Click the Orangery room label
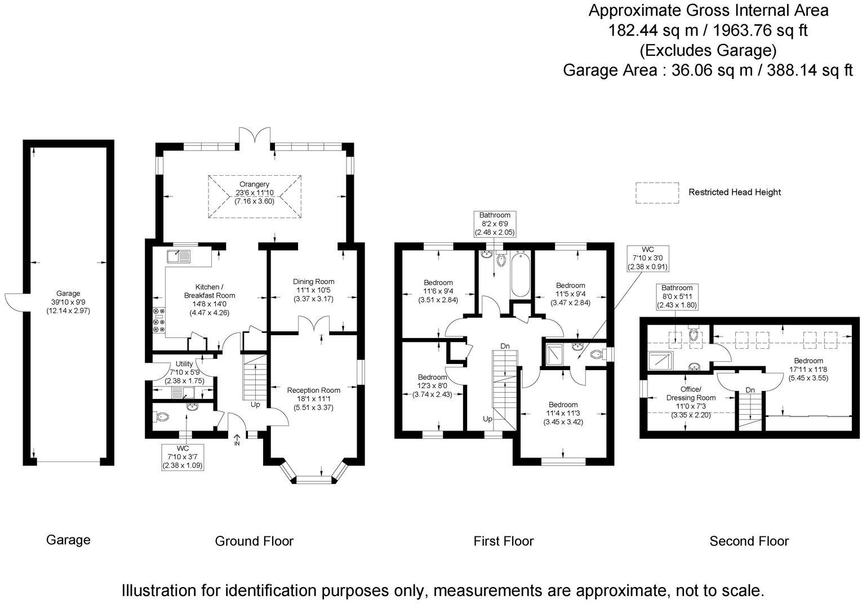tap(254, 184)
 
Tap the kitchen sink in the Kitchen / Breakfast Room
tap(179, 256)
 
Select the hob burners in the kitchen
tap(159, 319)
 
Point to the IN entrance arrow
tap(237, 439)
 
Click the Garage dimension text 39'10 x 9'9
tap(68, 302)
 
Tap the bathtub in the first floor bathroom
tap(521, 273)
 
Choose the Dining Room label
tap(314, 282)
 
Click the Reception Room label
tap(314, 390)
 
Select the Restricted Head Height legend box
tap(657, 193)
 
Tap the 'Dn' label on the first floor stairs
tap(505, 346)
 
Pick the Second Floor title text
tap(749, 541)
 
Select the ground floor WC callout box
tap(183, 457)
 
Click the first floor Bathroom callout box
tap(495, 224)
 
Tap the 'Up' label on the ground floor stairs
tap(255, 405)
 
